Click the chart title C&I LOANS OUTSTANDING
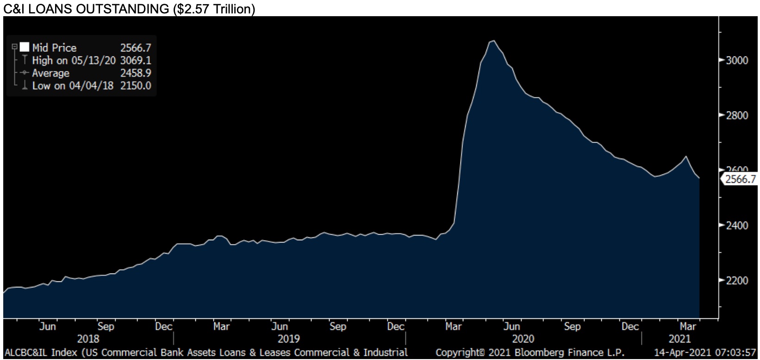tap(129, 9)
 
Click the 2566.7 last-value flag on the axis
tap(740, 179)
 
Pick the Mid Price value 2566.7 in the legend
tap(136, 48)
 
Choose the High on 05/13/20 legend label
tap(74, 61)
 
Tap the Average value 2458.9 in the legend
tap(136, 73)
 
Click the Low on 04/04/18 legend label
tap(73, 86)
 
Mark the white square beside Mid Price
tap(25, 47)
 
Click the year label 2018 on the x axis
tap(88, 339)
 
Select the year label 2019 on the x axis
tap(289, 339)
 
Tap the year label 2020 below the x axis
tap(523, 339)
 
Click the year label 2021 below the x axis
tap(680, 339)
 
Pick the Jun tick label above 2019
tap(280, 327)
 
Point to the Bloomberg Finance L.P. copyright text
tap(530, 353)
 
